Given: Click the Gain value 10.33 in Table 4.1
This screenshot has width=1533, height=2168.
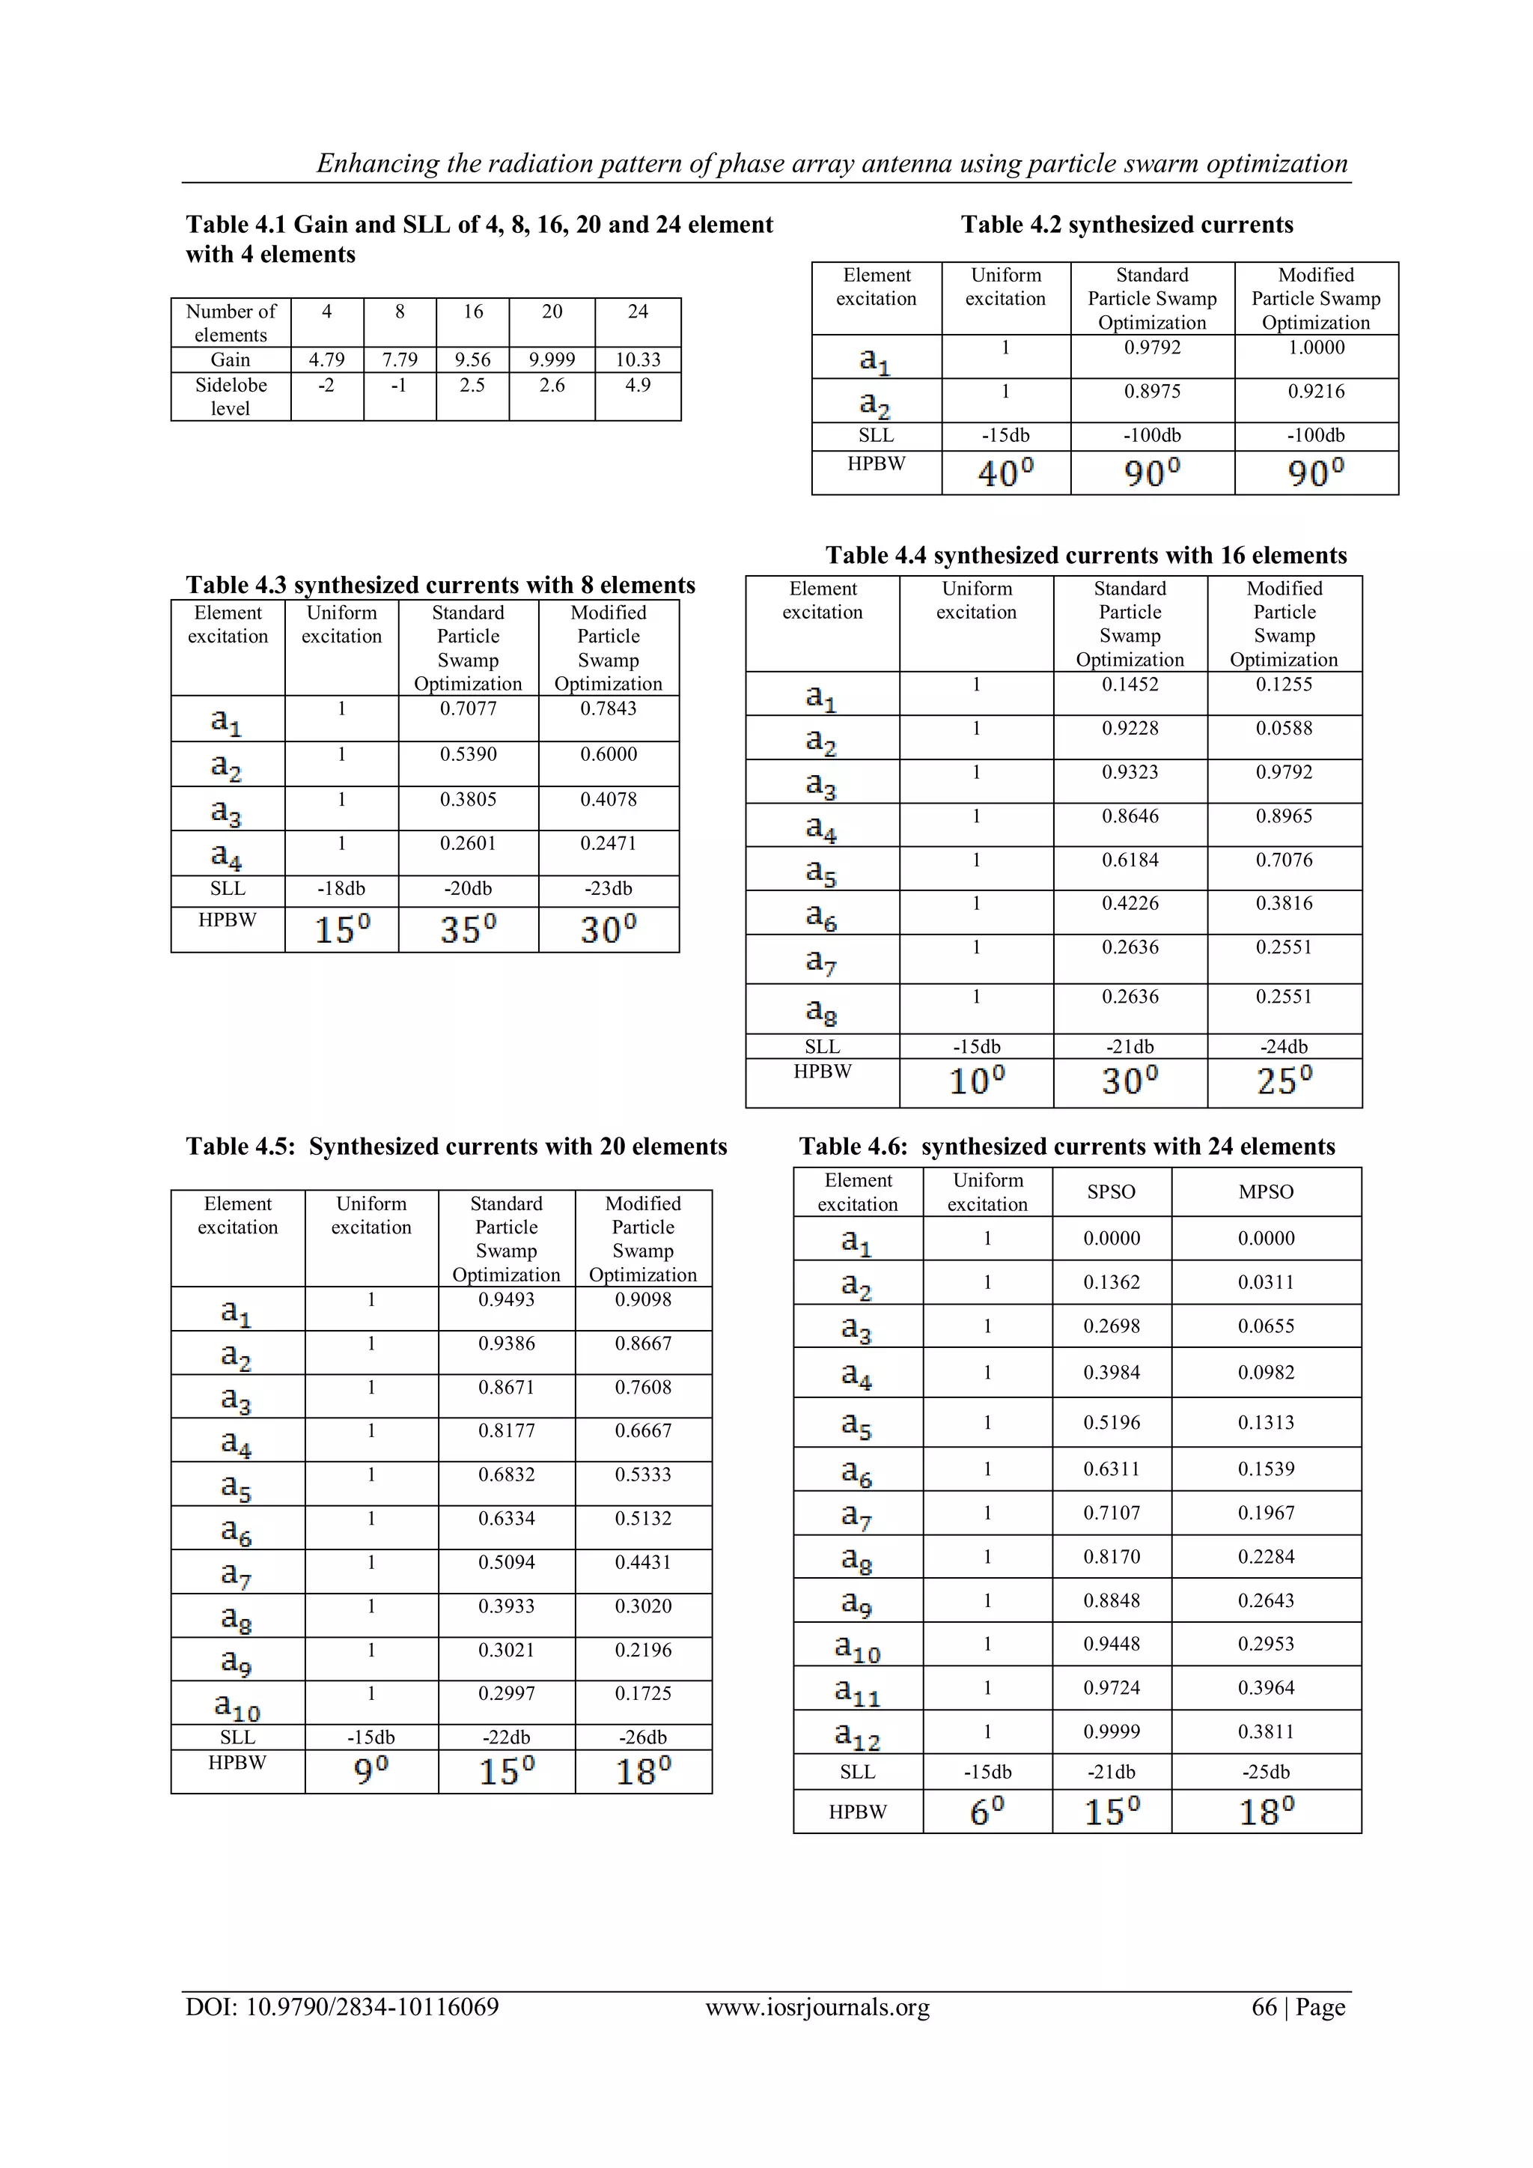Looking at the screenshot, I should (x=637, y=359).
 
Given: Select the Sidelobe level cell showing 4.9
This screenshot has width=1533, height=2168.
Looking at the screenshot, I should (x=637, y=385).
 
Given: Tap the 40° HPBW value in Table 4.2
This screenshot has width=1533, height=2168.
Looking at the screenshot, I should (x=1005, y=472).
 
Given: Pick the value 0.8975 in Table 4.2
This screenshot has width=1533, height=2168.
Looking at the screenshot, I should (x=1152, y=392).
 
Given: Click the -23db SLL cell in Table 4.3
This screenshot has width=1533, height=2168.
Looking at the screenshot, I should (x=608, y=888).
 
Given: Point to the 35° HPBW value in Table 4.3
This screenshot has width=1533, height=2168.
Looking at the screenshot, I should (x=467, y=930).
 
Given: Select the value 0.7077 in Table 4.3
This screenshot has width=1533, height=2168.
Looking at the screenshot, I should (x=467, y=709).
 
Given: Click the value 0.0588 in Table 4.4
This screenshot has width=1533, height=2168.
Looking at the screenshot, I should (x=1284, y=729).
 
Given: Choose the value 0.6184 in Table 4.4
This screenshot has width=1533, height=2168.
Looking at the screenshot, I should (x=1130, y=860).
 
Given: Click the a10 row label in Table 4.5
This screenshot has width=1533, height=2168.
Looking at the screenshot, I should (x=237, y=1705).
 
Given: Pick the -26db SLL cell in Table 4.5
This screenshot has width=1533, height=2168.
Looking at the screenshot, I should (x=643, y=1737).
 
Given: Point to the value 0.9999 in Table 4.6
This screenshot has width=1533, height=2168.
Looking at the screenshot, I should (x=1111, y=1731).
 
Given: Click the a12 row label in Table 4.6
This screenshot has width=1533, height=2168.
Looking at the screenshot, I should (x=857, y=1734).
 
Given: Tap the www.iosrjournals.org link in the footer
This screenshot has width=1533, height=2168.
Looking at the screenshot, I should (x=817, y=2008).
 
